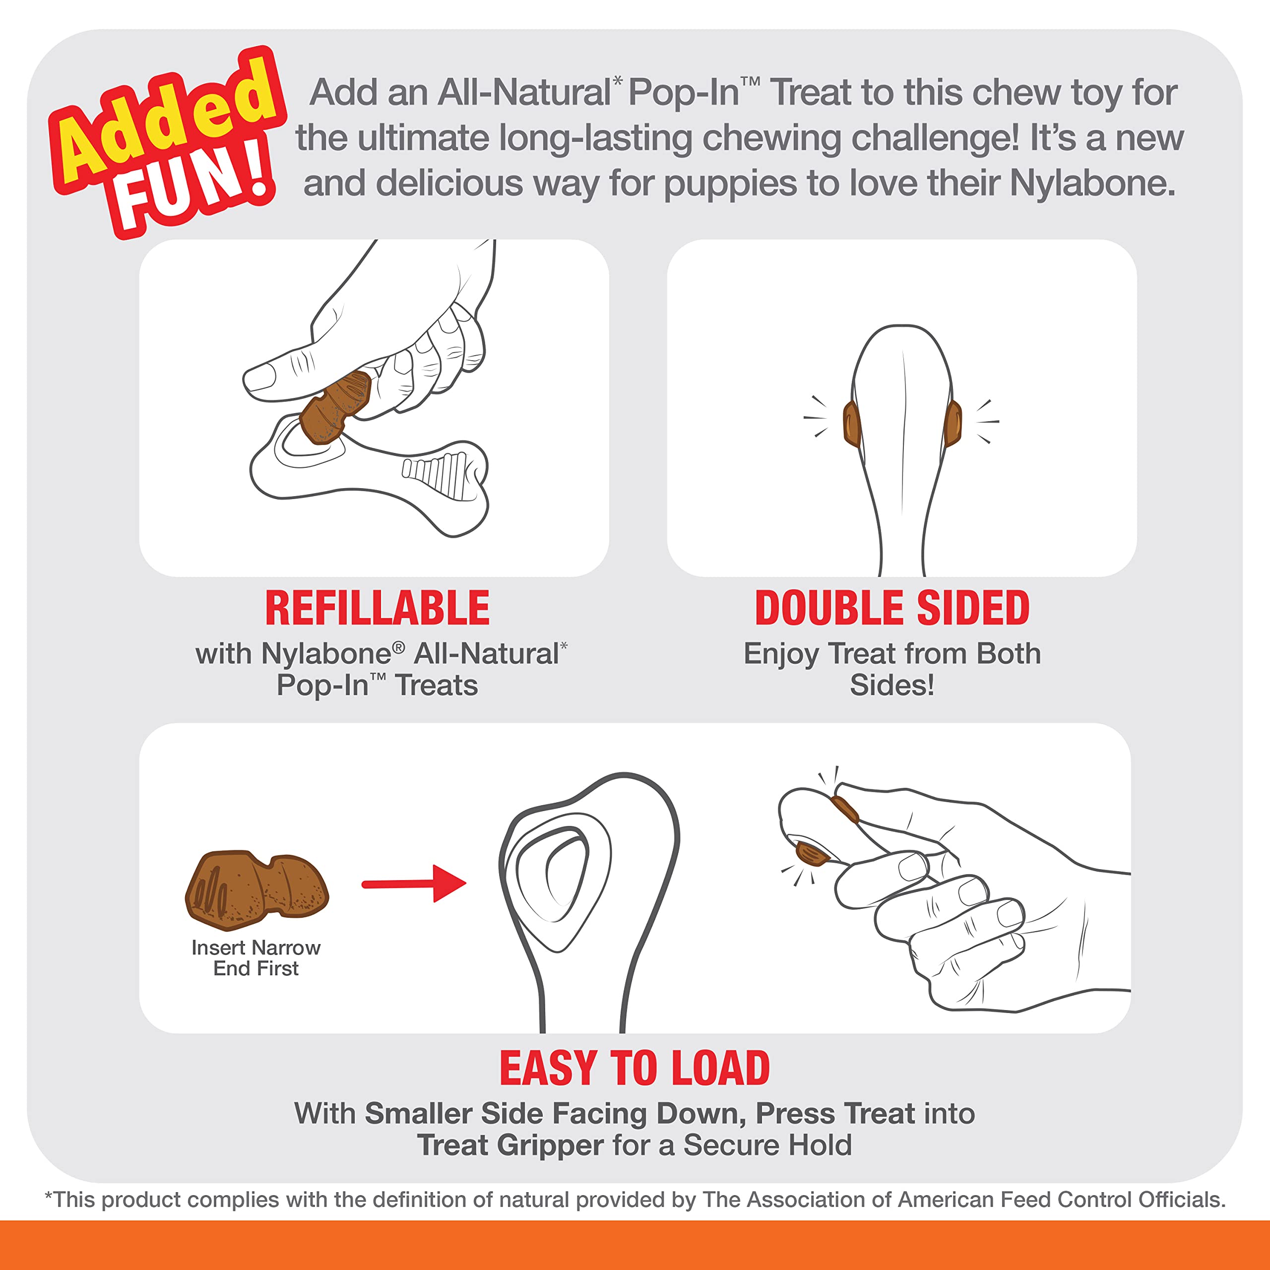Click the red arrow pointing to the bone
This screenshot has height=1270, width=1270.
coord(413,884)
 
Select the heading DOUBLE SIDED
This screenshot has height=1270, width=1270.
coord(892,608)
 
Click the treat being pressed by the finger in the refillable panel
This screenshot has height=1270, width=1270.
coord(335,408)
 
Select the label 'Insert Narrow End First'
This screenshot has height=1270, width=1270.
coord(255,958)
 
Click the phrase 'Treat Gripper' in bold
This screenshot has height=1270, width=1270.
coord(510,1145)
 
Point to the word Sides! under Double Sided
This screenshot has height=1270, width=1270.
coord(891,685)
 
